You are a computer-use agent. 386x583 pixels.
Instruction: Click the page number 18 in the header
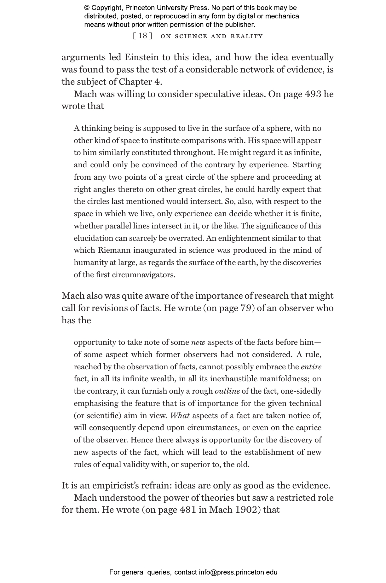point(143,36)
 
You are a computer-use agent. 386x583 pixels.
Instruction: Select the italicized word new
point(198,342)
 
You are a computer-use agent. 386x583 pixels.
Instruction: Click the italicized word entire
point(311,367)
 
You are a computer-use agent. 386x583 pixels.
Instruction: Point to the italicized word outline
point(227,391)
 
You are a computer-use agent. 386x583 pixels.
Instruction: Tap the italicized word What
point(180,416)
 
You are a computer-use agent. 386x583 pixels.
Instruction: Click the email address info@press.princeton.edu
point(238,572)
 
